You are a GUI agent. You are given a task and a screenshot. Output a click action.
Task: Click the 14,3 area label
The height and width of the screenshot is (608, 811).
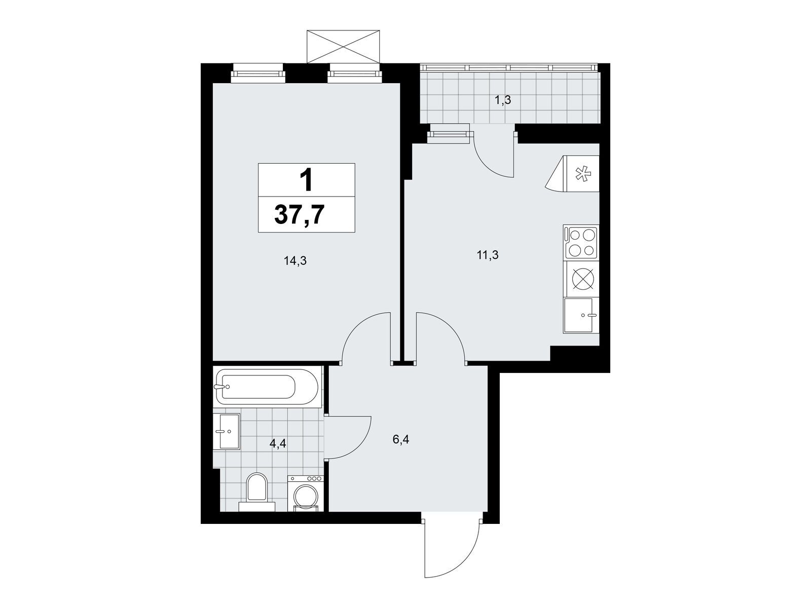[x=295, y=261]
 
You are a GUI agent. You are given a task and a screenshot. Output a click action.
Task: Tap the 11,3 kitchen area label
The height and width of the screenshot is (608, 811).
[x=488, y=255]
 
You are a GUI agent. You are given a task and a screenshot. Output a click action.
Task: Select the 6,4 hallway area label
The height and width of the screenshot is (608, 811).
[x=401, y=440]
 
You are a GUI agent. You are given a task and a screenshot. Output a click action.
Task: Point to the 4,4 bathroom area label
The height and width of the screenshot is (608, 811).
[x=278, y=444]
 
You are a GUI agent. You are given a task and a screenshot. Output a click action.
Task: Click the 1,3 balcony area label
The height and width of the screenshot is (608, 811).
[x=502, y=100]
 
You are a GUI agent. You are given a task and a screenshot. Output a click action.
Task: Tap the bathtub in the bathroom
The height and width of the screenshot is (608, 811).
[x=265, y=387]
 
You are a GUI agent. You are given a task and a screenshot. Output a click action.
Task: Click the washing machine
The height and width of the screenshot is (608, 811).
[x=306, y=493]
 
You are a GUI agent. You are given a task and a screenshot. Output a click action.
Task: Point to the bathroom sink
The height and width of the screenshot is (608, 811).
[x=227, y=432]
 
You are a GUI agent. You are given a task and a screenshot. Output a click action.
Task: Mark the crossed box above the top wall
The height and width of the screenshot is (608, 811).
[x=344, y=47]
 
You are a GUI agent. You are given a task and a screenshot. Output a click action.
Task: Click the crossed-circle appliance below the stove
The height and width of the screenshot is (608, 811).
[x=583, y=278]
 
